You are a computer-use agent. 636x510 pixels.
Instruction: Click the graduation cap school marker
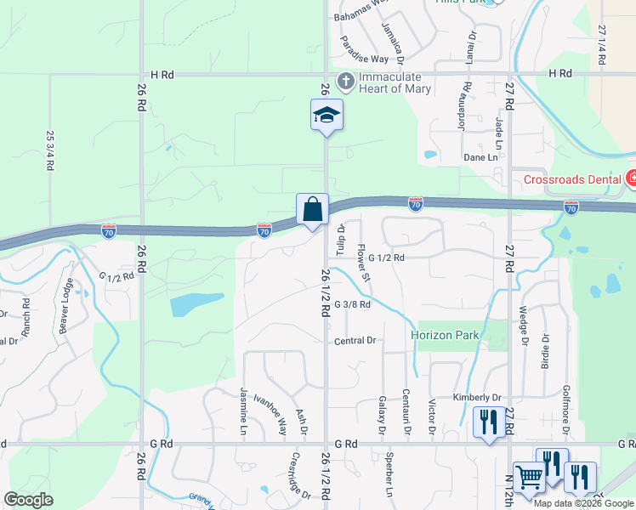pos(327,116)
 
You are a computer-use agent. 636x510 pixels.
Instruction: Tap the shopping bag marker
pos(312,209)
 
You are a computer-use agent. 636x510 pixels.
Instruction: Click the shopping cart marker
pos(529,479)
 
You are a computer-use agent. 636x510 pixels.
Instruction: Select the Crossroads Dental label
pos(573,179)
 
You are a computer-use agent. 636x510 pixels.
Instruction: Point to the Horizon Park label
pos(445,335)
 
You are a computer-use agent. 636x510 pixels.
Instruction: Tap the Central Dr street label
pos(355,341)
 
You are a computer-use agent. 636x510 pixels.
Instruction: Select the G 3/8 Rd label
pos(352,304)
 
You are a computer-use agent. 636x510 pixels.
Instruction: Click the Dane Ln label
pos(480,157)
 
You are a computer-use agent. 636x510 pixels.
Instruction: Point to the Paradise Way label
pos(364,50)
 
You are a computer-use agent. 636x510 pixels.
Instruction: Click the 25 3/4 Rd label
pos(49,151)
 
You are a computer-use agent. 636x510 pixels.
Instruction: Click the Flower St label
pos(364,263)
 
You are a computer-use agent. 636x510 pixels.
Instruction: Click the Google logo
pos(28,500)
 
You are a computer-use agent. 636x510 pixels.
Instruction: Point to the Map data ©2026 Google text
pos(583,503)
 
